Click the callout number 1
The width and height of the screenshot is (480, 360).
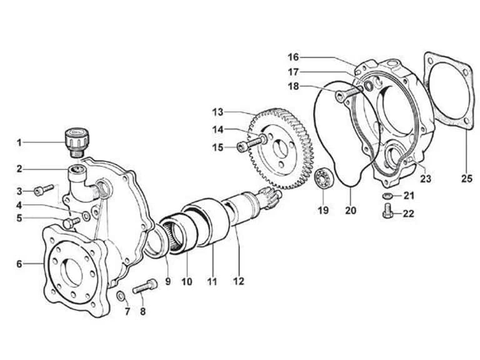tap(19, 142)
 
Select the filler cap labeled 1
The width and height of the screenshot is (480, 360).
tap(76, 142)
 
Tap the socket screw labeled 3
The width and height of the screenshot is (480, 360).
tap(43, 189)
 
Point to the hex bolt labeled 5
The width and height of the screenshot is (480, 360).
tap(71, 222)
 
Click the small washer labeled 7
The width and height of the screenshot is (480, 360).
tap(121, 296)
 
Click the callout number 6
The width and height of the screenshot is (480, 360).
tap(19, 264)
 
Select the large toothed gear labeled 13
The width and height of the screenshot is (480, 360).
tap(281, 149)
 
